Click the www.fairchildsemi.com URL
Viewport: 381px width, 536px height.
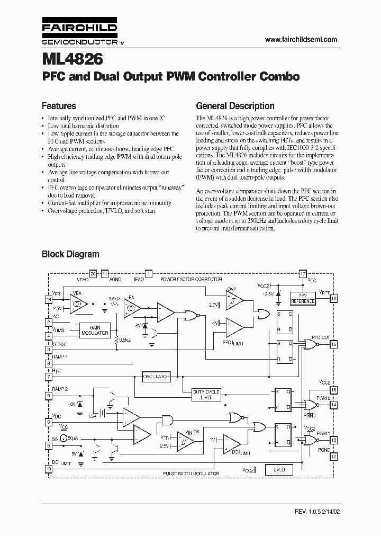click(x=301, y=40)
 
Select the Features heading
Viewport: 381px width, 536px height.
click(x=59, y=106)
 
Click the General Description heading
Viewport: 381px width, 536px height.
click(x=235, y=106)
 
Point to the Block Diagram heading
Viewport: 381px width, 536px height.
click(x=70, y=254)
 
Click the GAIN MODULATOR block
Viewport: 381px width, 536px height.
click(x=95, y=330)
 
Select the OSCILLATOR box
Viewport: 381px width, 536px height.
click(x=157, y=377)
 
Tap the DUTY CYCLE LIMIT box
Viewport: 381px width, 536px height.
click(x=206, y=395)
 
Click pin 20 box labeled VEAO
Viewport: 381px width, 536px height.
click(x=93, y=274)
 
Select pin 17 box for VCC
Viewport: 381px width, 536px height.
click(x=303, y=274)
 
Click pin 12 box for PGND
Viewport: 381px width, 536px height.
click(x=333, y=455)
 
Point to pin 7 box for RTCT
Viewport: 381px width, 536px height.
click(x=49, y=377)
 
